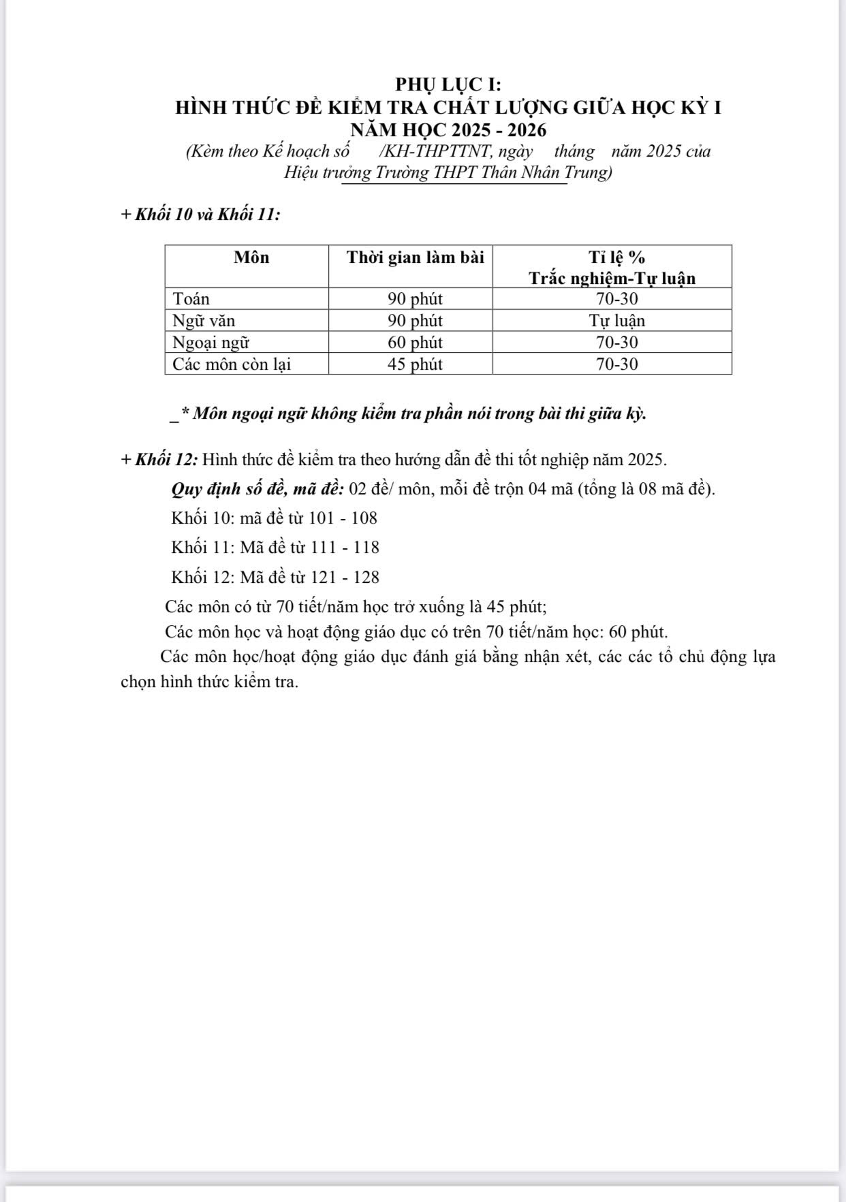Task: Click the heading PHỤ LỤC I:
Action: pos(448,84)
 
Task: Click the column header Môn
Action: pos(251,257)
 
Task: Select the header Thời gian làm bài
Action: pos(415,257)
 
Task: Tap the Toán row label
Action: pos(191,299)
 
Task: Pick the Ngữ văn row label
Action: pos(204,321)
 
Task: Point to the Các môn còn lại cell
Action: pos(232,364)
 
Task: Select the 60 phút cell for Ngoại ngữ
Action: pos(415,343)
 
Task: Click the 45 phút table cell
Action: pos(415,364)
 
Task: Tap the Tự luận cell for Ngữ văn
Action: pos(616,321)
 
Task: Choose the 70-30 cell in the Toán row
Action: pos(616,299)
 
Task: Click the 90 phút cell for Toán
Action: pos(415,299)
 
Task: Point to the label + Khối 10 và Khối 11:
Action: pos(200,215)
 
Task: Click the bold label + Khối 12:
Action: pos(159,460)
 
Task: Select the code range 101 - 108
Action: pos(343,518)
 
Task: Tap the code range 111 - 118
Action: pos(345,548)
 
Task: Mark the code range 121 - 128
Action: pos(345,578)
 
